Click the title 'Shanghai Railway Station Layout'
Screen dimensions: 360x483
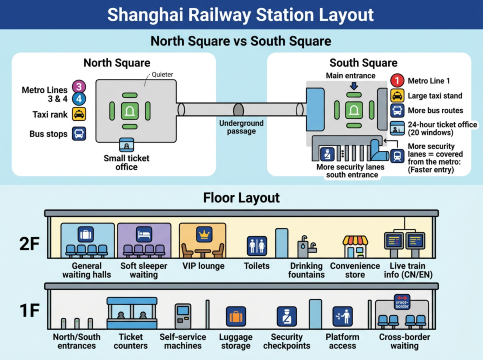point(241,14)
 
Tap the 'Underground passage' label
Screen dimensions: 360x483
point(241,127)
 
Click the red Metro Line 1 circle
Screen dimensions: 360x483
point(396,79)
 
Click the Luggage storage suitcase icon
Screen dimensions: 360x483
point(236,319)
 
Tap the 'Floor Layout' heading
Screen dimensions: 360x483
point(241,197)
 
